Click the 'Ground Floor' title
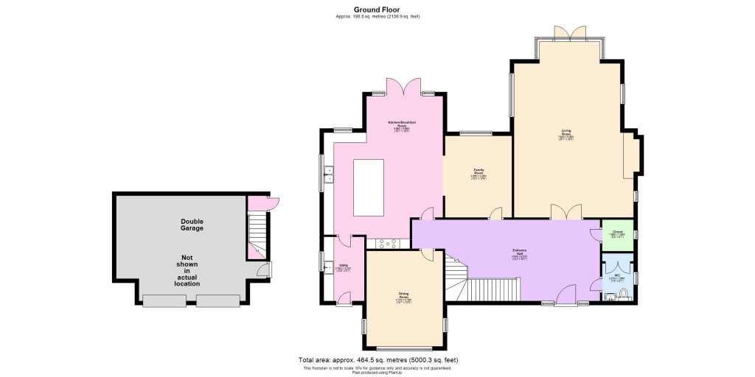coord(377,9)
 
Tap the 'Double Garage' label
coord(192,225)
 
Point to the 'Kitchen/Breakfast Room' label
coord(403,125)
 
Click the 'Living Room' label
coord(566,134)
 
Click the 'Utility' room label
coord(344,267)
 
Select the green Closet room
coord(617,234)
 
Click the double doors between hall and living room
coord(566,213)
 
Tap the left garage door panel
coord(164,300)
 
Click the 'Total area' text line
coord(377,360)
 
